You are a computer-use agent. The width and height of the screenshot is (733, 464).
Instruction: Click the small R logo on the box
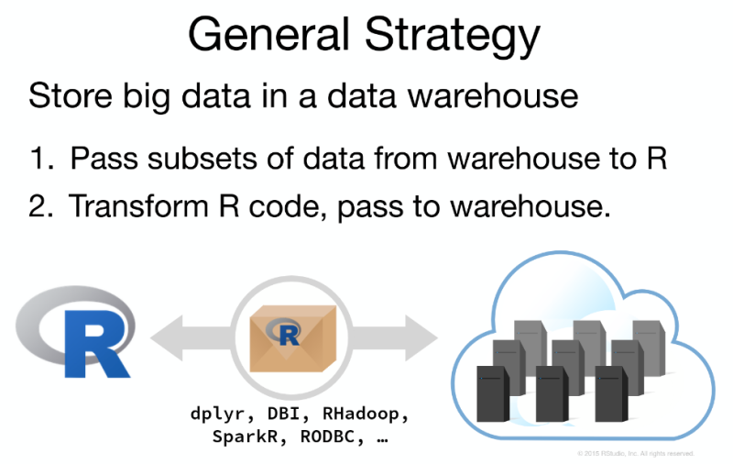[x=287, y=331]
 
